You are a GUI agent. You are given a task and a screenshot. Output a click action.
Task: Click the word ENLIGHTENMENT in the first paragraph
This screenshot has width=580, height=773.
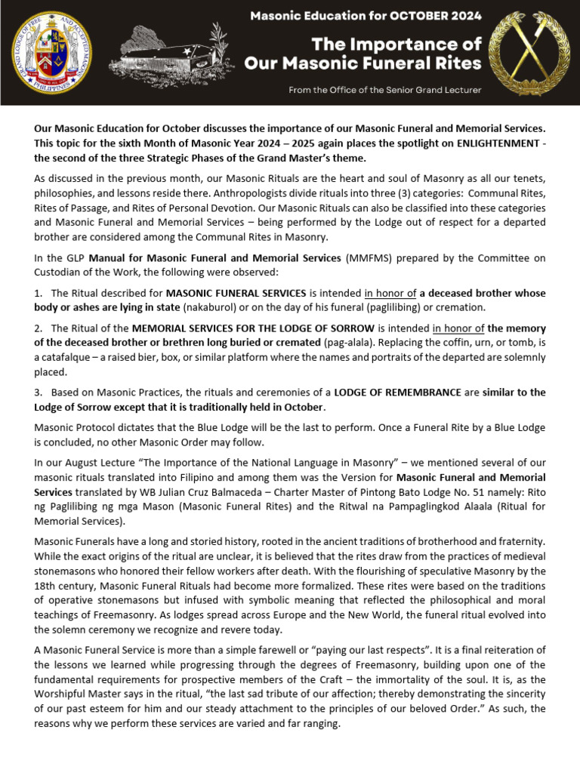coord(473,143)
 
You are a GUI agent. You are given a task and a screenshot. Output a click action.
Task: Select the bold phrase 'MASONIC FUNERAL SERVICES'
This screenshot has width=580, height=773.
coord(236,293)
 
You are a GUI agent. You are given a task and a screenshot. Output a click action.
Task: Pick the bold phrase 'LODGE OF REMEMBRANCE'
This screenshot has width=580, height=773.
coord(397,393)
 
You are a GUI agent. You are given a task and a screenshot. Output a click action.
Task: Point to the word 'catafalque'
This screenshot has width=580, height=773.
coord(69,358)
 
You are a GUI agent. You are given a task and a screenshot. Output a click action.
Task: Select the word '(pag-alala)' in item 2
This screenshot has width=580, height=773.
coord(347,343)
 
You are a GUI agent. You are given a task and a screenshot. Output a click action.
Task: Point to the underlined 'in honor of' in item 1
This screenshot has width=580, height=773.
coord(390,293)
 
